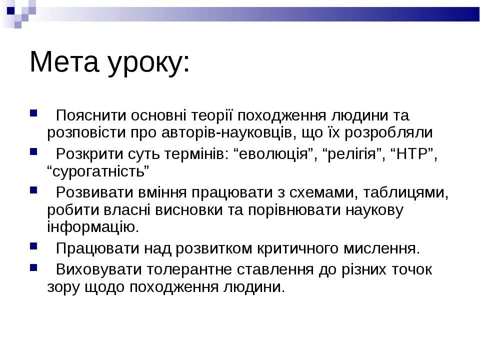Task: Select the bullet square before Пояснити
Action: [33, 113]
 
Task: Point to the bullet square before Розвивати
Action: [33, 190]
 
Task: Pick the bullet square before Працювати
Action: [33, 246]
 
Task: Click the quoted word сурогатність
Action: [98, 171]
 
